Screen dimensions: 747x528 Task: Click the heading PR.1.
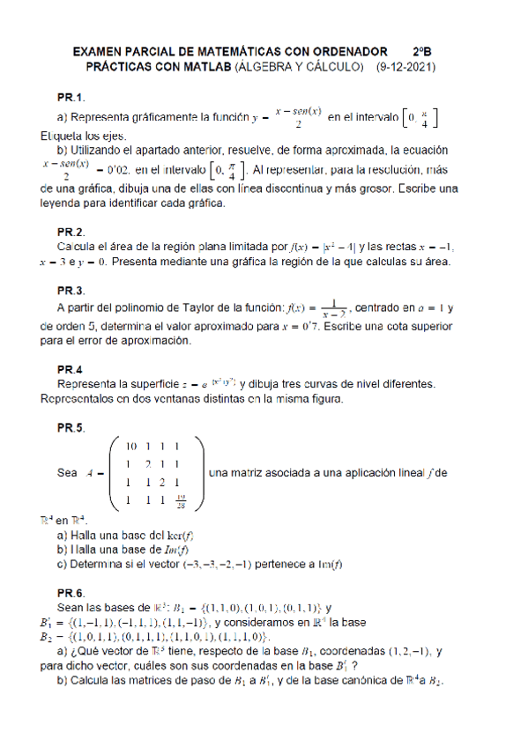pyautogui.click(x=71, y=97)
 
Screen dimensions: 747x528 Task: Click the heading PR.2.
pyautogui.click(x=71, y=232)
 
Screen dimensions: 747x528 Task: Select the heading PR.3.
pyautogui.click(x=71, y=291)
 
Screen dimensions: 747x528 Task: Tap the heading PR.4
pyautogui.click(x=70, y=369)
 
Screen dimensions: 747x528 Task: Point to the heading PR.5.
pyautogui.click(x=71, y=428)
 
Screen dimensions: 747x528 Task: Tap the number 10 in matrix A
pyautogui.click(x=131, y=446)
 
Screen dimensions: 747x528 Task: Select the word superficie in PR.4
pyautogui.click(x=145, y=384)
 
